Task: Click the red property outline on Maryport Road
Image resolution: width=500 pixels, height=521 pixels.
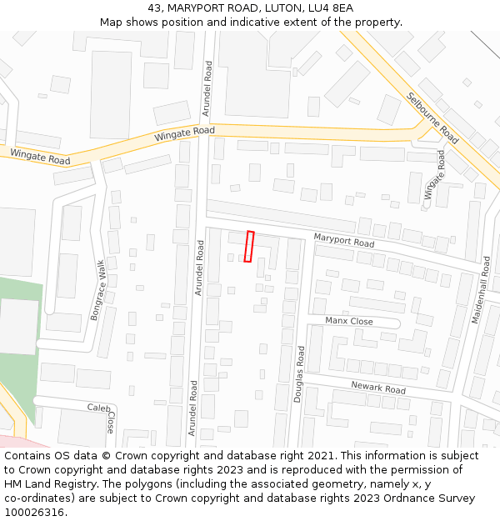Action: click(248, 246)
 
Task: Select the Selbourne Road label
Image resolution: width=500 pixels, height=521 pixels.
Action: click(432, 118)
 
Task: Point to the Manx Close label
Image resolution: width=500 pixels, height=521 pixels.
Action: click(349, 321)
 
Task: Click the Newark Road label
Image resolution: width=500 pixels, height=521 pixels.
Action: click(377, 388)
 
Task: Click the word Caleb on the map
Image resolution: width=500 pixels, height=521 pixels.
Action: click(99, 408)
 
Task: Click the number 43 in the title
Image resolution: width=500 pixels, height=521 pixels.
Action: click(155, 8)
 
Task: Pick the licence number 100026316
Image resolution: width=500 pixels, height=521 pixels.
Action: click(35, 513)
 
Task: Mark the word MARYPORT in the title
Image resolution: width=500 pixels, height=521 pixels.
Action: click(197, 8)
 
